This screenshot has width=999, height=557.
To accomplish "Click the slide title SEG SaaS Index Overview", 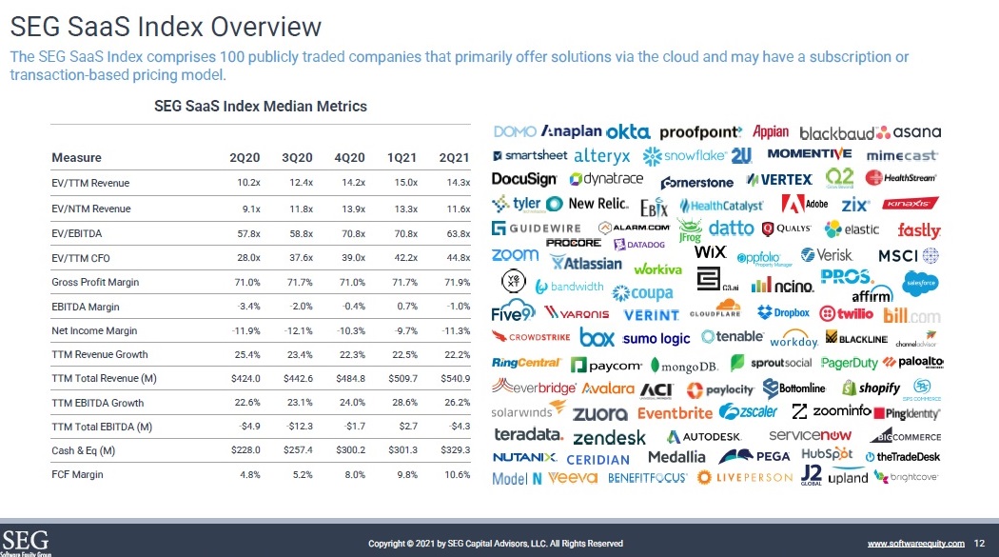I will pos(166,26).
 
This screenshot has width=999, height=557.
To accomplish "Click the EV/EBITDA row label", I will pos(78,232).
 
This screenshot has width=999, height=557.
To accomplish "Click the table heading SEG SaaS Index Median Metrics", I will pos(261,106).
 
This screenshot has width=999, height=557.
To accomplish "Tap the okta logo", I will pos(627,131).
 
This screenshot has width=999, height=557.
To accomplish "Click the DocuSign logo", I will pos(523,178).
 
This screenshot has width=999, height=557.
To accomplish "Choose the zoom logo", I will pos(515,254).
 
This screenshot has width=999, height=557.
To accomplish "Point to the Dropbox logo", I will pos(783,313).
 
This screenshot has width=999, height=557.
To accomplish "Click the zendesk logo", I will pos(609,438).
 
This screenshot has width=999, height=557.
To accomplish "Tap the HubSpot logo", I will pos(825,454).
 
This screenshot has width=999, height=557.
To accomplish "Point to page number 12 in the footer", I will pos(979,543).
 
